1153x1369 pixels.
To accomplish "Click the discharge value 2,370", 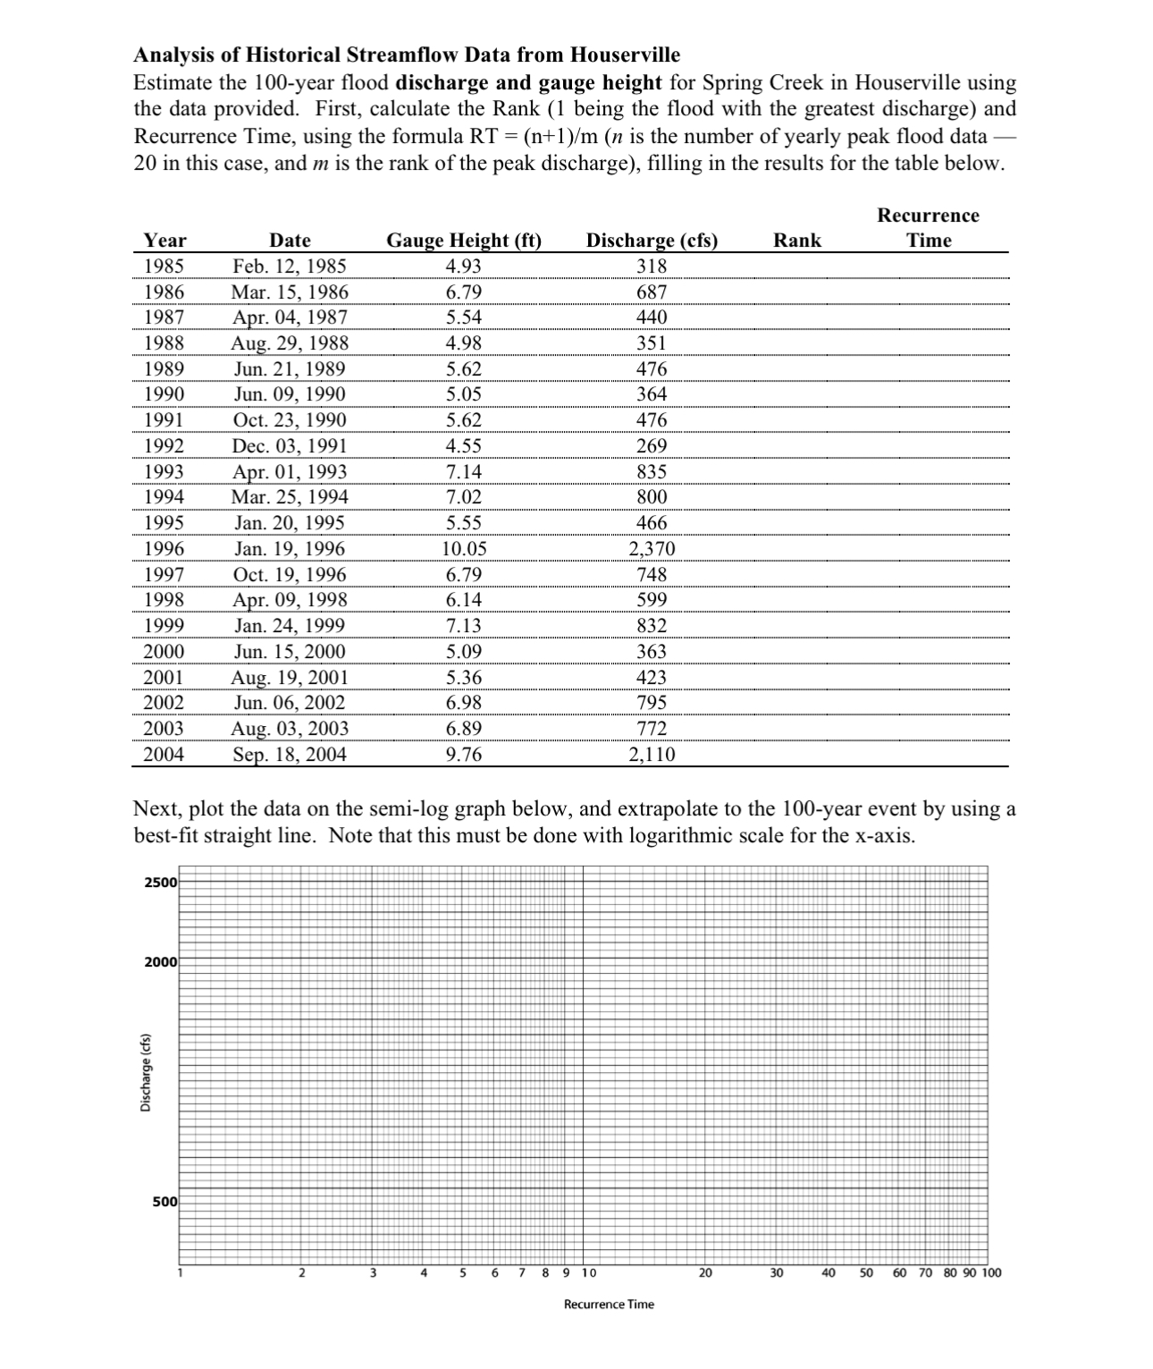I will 652,549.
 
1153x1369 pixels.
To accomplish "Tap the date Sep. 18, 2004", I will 290,755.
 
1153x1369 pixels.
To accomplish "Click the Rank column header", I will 796,241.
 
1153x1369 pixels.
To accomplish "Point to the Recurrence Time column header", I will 928,228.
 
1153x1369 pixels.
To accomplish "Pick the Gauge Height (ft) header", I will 463,241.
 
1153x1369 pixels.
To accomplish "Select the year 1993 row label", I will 164,472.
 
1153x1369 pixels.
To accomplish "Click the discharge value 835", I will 652,472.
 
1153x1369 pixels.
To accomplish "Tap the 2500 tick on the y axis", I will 161,883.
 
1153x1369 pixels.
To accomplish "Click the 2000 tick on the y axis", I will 161,962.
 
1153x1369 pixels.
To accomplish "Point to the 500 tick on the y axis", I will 164,1202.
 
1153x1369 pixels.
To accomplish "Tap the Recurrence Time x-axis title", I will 609,1305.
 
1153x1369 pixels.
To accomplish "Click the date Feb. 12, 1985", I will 290,266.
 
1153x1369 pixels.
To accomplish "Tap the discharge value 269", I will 652,446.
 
